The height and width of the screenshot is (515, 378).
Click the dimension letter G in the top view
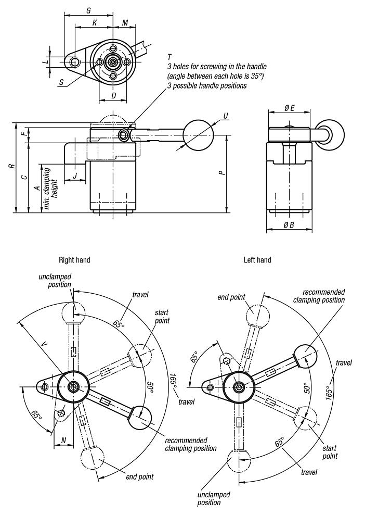pyautogui.click(x=88, y=10)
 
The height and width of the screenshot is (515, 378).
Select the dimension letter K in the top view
pyautogui.click(x=94, y=23)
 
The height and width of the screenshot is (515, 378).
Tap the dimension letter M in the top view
pyautogui.click(x=125, y=23)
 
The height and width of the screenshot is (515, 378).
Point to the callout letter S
pyautogui.click(x=61, y=82)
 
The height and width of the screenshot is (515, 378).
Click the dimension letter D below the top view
pyautogui.click(x=113, y=96)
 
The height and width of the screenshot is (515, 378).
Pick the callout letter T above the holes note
pyautogui.click(x=170, y=56)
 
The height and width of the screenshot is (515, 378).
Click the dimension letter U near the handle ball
pyautogui.click(x=225, y=116)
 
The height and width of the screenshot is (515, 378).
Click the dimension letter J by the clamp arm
pyautogui.click(x=75, y=175)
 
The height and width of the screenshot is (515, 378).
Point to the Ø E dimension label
pyautogui.click(x=290, y=108)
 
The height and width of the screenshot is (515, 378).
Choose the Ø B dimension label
pyautogui.click(x=289, y=225)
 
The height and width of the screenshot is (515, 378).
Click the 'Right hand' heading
pyautogui.click(x=75, y=259)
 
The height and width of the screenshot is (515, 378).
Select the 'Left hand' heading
pyautogui.click(x=257, y=259)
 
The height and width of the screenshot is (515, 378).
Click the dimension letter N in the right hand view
pyautogui.click(x=63, y=440)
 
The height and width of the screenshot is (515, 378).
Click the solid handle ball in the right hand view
pyautogui.click(x=139, y=418)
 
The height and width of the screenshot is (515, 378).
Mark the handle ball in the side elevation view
pyautogui.click(x=198, y=135)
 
